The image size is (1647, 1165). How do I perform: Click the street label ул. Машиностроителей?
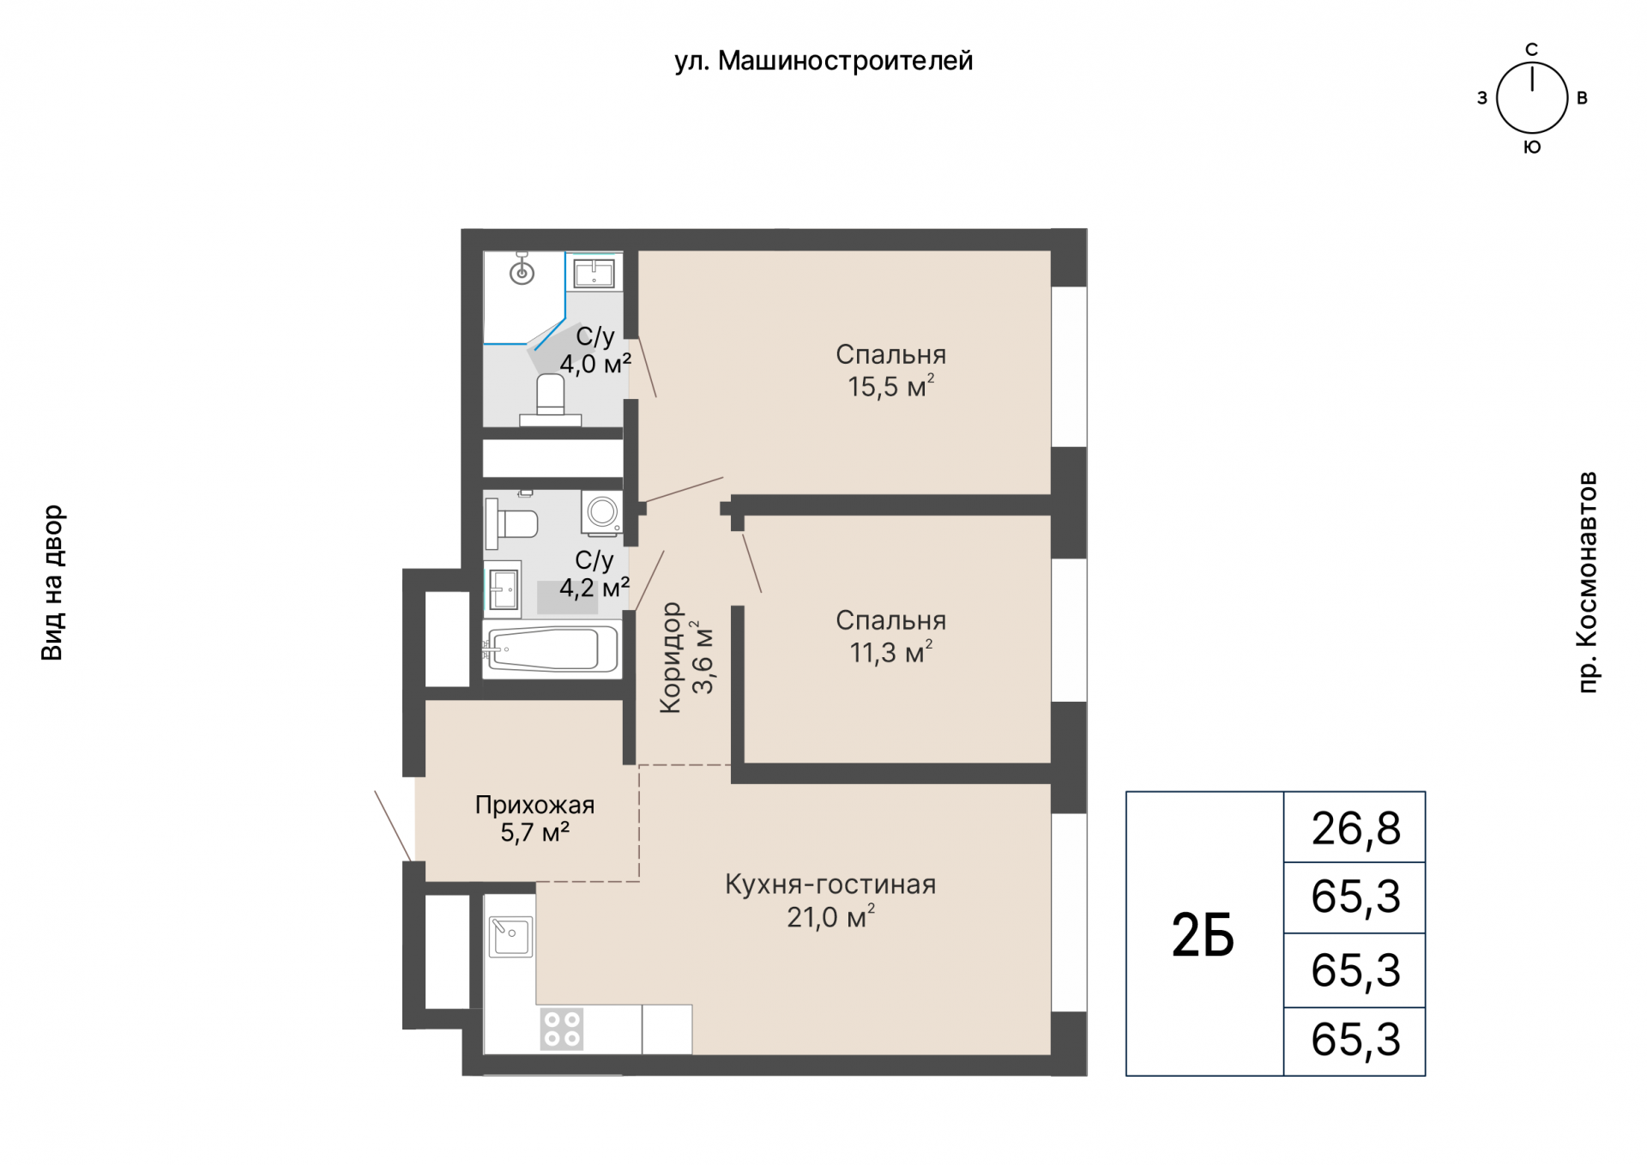[823, 62]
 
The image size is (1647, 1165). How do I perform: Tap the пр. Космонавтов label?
[1588, 582]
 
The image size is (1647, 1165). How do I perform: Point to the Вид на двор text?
[52, 582]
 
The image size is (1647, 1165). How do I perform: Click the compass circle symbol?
[1532, 99]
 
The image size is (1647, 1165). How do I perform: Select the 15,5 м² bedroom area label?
[891, 387]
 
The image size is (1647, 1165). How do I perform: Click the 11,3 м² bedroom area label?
[891, 653]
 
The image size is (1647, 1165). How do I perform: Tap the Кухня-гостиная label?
[830, 884]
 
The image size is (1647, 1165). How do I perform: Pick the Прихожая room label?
[534, 805]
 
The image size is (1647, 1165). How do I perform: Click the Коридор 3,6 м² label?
[685, 658]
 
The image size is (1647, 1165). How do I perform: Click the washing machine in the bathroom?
[602, 513]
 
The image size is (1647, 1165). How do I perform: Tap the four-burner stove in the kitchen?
[562, 1029]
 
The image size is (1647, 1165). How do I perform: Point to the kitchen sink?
[510, 937]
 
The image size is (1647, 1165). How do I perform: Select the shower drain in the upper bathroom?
[522, 274]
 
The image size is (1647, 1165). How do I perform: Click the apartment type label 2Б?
[1203, 935]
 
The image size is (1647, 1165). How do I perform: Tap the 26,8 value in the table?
[1355, 829]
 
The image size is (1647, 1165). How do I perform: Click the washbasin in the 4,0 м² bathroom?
[594, 273]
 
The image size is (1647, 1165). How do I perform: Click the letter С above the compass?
[1532, 50]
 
